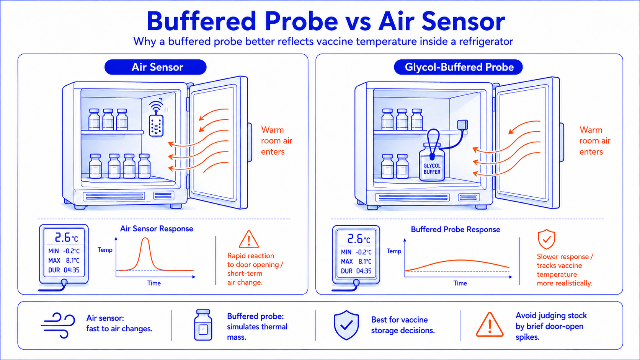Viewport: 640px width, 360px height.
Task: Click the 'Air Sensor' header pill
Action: coord(155,67)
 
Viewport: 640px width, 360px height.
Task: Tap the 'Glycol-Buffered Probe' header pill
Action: coord(458,67)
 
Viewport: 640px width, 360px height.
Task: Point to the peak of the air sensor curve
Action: coord(145,238)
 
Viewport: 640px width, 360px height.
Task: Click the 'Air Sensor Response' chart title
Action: coord(157,229)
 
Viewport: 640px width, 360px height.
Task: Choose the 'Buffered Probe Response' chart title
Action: coord(456,230)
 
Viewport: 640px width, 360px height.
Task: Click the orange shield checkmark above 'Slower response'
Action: coord(546,239)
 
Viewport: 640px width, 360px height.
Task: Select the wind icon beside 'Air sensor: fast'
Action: coord(58,325)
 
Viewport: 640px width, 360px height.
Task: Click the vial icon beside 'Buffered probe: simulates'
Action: coord(203,325)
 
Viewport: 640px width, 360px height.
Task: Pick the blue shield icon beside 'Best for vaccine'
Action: coord(346,325)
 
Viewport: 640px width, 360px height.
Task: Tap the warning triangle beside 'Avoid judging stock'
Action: coord(490,324)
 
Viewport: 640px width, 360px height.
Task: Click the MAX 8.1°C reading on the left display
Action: coord(64,261)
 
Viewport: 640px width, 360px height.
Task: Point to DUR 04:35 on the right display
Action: coord(356,271)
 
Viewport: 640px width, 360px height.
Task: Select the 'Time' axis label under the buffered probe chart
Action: coord(460,283)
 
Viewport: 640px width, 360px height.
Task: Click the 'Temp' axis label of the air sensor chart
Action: coord(105,250)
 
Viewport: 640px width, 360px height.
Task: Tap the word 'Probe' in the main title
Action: coord(301,21)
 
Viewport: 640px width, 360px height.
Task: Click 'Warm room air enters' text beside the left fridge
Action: coord(277,141)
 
